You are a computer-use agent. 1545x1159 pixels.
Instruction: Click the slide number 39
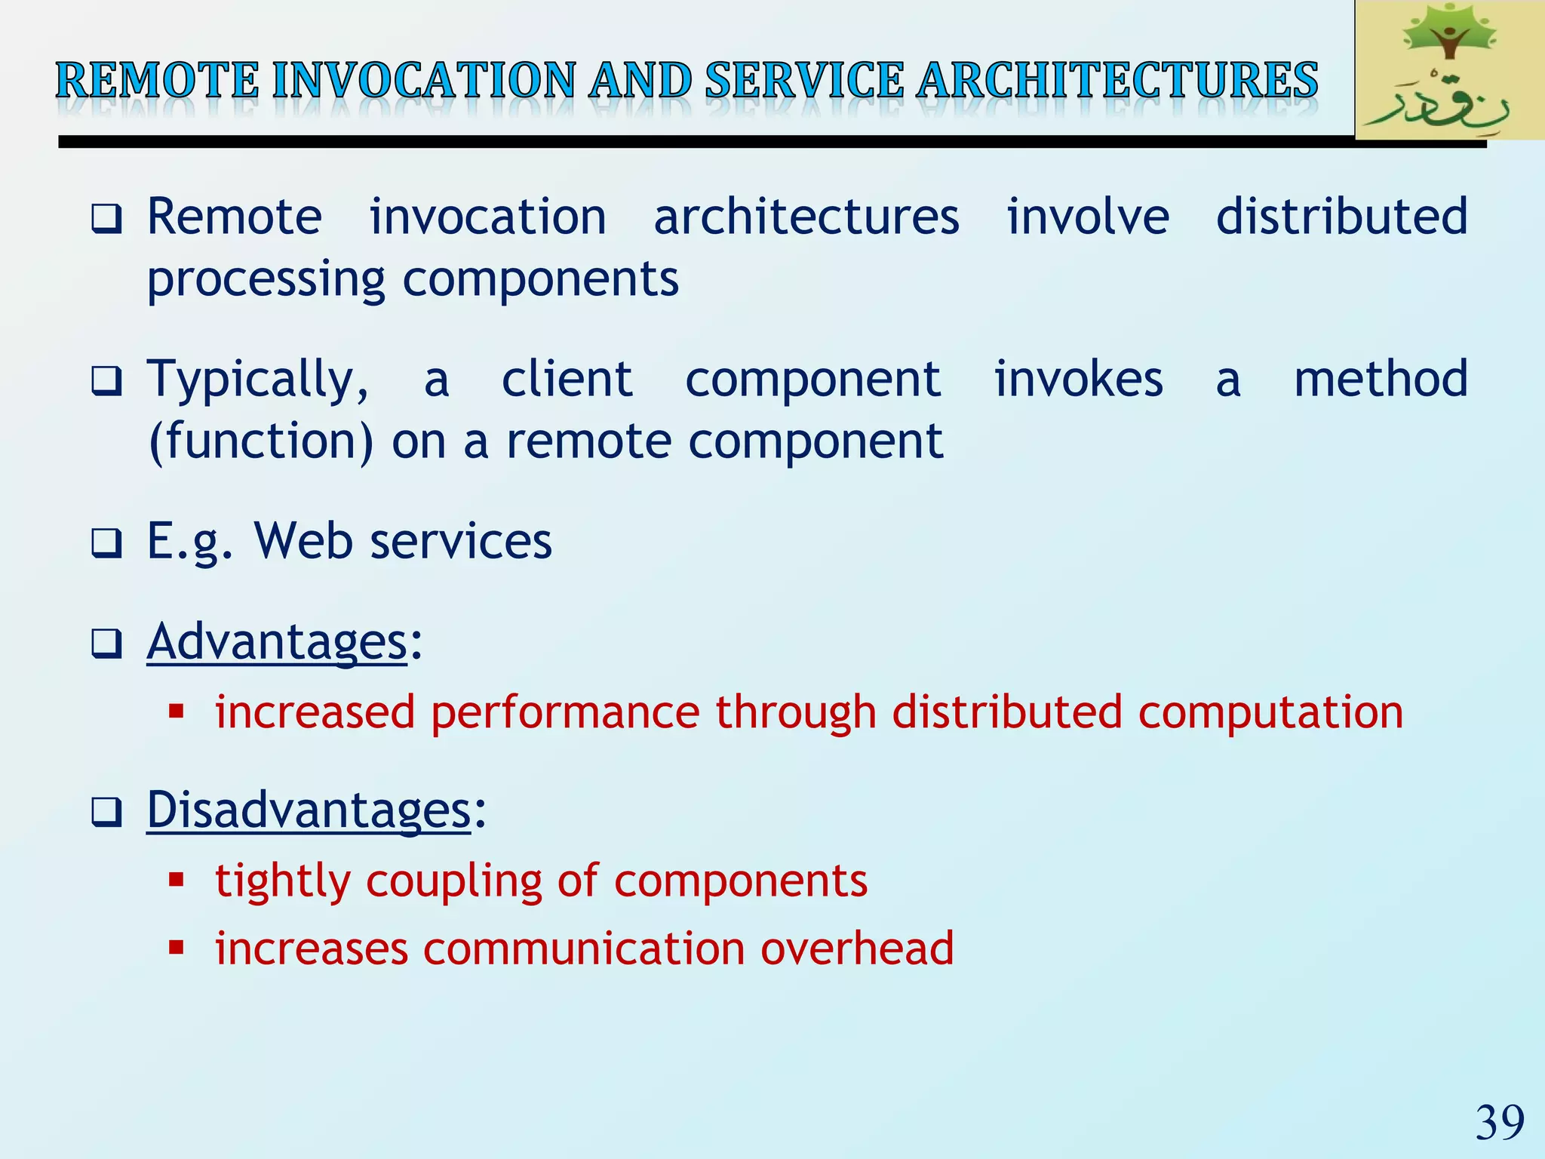coord(1500,1123)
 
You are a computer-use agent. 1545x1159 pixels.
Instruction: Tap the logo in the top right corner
coord(1448,70)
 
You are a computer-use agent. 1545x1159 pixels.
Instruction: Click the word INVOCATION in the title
coord(424,81)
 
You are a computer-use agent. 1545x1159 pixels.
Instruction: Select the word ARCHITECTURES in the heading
coord(1118,81)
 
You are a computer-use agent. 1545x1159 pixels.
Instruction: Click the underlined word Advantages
coord(278,642)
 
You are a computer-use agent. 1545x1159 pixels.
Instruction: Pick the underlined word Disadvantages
coord(309,810)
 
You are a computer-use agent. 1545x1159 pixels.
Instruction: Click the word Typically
coord(256,380)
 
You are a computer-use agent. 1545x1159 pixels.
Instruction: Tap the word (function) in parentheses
coord(261,441)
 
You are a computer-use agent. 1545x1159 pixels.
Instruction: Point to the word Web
coord(303,541)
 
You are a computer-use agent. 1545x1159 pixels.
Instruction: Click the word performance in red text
coord(565,712)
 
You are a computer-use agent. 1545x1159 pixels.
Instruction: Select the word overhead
coord(857,948)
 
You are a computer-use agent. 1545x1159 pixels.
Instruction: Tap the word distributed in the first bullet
coord(1341,217)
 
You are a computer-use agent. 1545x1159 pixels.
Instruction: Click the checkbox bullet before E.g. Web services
coord(106,543)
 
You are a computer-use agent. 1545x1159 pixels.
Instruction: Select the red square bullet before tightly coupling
coord(177,879)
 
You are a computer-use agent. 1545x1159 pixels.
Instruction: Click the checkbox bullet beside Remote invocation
coord(106,219)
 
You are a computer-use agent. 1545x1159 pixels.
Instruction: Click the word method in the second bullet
coord(1381,380)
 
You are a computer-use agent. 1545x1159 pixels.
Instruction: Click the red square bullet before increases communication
coord(177,947)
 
